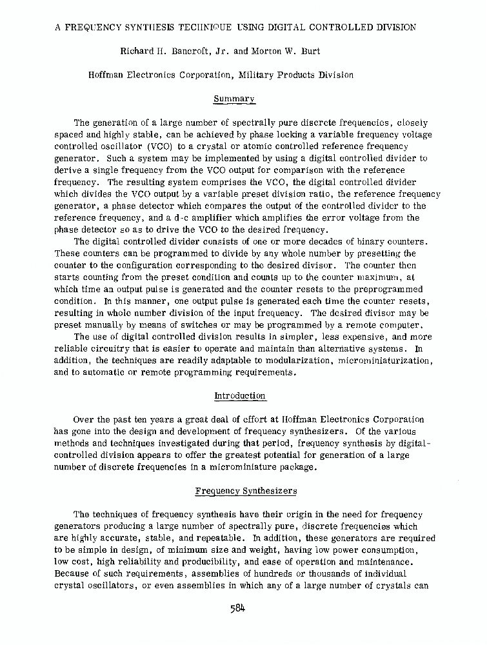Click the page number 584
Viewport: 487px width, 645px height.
click(x=239, y=608)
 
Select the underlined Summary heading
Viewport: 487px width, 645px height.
click(x=234, y=99)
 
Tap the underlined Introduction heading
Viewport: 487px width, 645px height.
click(x=240, y=395)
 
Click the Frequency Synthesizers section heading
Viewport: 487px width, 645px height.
click(x=246, y=491)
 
